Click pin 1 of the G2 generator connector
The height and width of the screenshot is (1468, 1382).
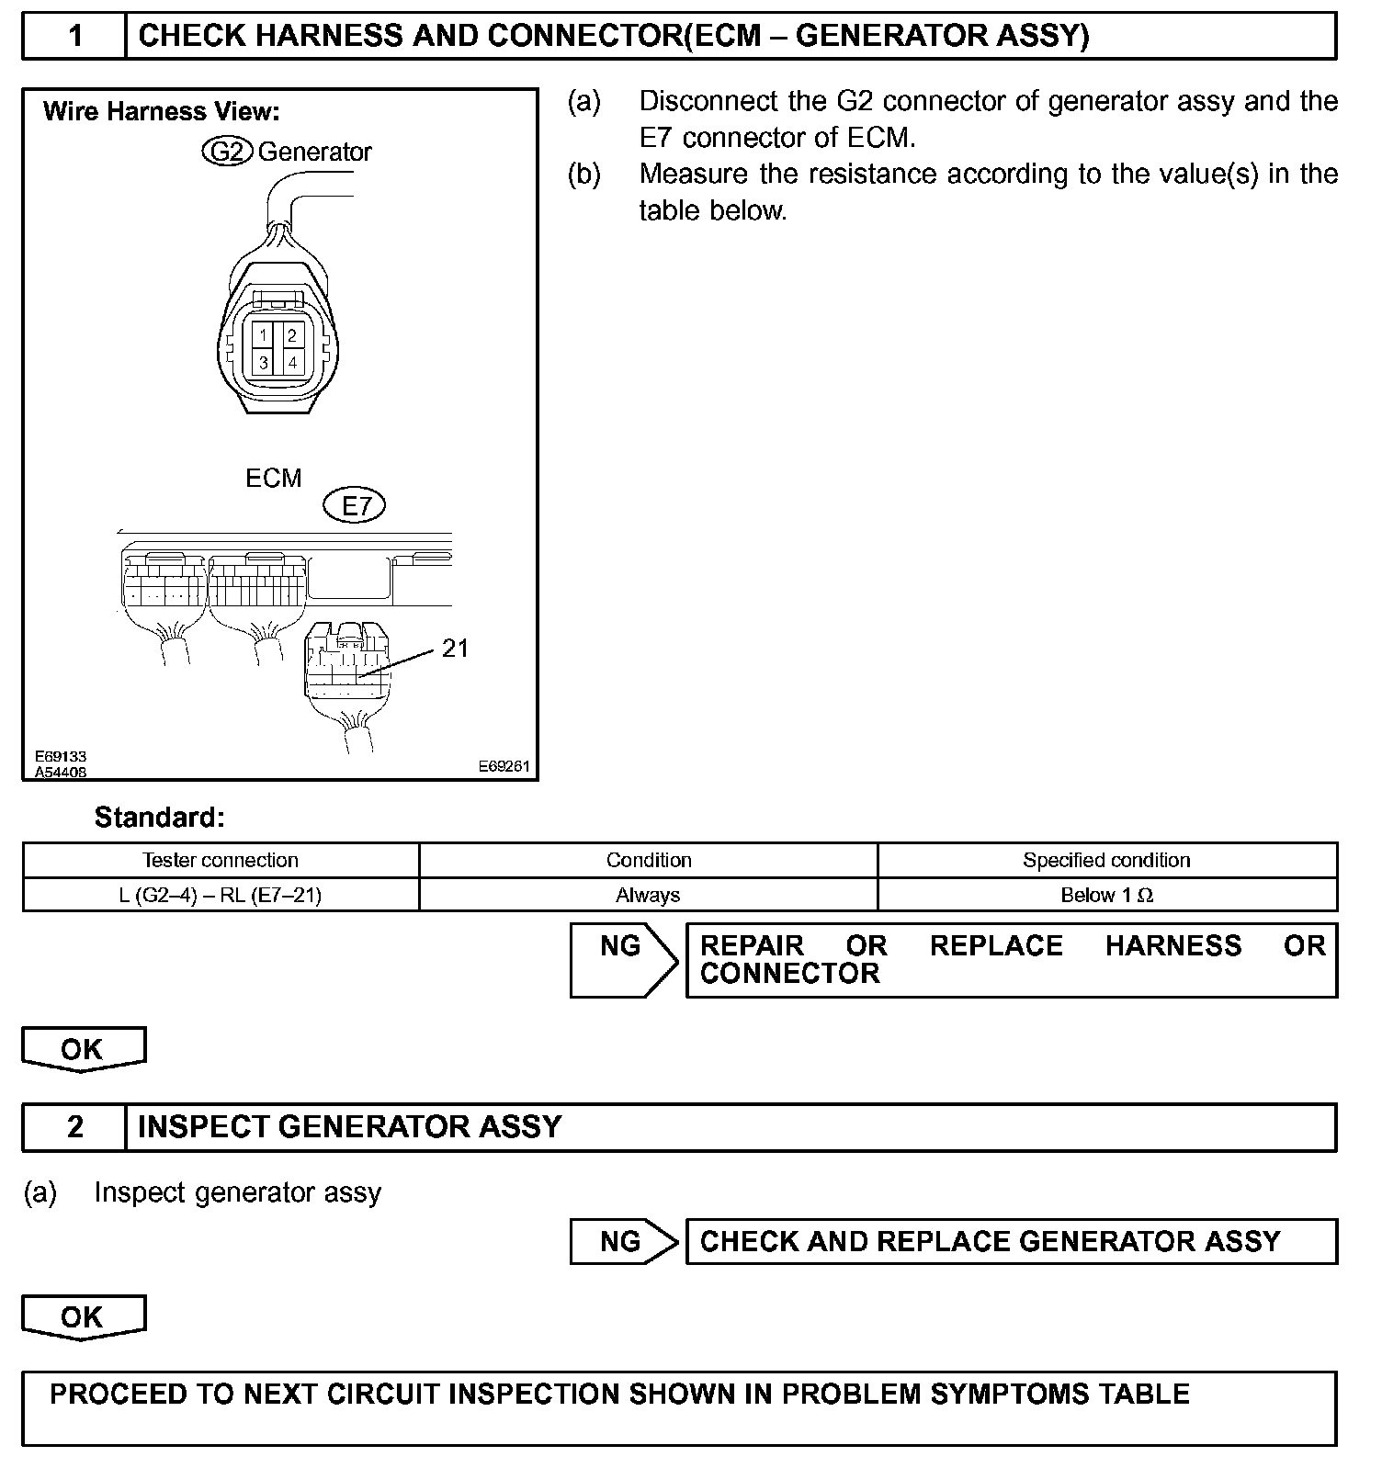click(263, 335)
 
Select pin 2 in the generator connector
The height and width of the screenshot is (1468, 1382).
click(292, 335)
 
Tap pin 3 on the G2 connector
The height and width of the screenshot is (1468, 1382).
click(263, 362)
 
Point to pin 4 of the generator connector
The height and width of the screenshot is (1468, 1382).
click(292, 362)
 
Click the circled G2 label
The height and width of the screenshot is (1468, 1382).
click(227, 152)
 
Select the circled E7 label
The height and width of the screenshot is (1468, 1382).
click(355, 505)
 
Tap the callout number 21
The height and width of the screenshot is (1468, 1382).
click(455, 649)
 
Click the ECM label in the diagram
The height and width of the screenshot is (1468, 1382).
click(273, 478)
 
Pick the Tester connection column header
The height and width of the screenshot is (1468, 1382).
click(221, 860)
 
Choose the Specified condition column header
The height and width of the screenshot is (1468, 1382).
click(1106, 860)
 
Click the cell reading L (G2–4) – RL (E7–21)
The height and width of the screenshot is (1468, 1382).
click(221, 895)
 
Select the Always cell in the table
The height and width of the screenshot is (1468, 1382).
click(648, 895)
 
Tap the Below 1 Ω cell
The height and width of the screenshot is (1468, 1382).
click(1106, 895)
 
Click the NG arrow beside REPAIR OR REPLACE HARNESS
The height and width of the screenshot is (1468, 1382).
click(623, 959)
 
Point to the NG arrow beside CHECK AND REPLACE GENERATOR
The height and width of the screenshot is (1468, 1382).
click(623, 1241)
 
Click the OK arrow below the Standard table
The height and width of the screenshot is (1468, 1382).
click(83, 1049)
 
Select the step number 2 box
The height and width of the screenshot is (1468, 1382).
click(74, 1127)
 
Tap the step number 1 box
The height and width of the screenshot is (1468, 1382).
click(74, 36)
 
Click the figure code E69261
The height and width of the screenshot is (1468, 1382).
click(504, 766)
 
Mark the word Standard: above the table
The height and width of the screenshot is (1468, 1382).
click(159, 817)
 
